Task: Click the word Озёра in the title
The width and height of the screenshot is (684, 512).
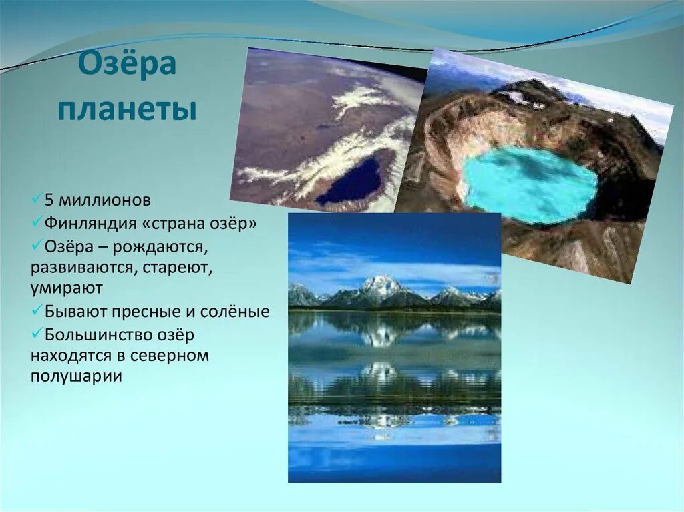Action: pos(128,65)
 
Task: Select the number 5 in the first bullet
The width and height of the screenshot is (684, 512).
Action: pos(49,200)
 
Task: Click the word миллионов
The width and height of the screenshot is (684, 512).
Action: pos(105,200)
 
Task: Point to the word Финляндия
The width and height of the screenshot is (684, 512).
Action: pos(91,224)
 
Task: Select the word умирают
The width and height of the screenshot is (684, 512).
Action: pos(66,288)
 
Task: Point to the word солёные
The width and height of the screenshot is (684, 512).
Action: pos(234,312)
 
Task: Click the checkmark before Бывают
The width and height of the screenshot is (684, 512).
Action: pos(37,310)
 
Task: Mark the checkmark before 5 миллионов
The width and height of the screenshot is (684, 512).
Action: pos(37,199)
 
